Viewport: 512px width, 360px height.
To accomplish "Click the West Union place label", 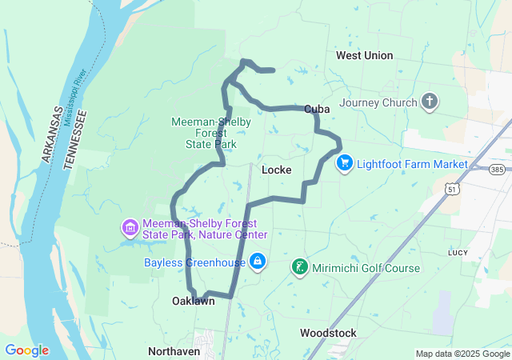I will pos(364,55).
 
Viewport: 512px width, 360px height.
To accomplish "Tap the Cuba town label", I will pos(318,109).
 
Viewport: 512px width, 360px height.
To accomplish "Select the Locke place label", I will pos(276,170).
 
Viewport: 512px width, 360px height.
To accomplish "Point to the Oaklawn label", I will pos(194,302).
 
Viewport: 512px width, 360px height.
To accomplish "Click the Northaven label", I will pos(174,351).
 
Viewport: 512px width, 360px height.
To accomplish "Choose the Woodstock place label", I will pos(327,332).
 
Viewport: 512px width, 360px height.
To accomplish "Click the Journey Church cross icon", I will pos(430,102).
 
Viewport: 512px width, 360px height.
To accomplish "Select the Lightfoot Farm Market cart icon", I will pos(345,163).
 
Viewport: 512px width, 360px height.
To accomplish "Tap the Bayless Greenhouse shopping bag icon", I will pos(258,262).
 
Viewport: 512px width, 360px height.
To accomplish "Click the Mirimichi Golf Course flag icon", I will pos(299,266).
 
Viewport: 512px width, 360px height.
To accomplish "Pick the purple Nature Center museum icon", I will pos(130,229).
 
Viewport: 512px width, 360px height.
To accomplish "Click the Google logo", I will pos(26,350).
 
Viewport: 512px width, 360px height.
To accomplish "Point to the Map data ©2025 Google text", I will pos(462,354).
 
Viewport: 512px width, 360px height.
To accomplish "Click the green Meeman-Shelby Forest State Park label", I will pos(211,133).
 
